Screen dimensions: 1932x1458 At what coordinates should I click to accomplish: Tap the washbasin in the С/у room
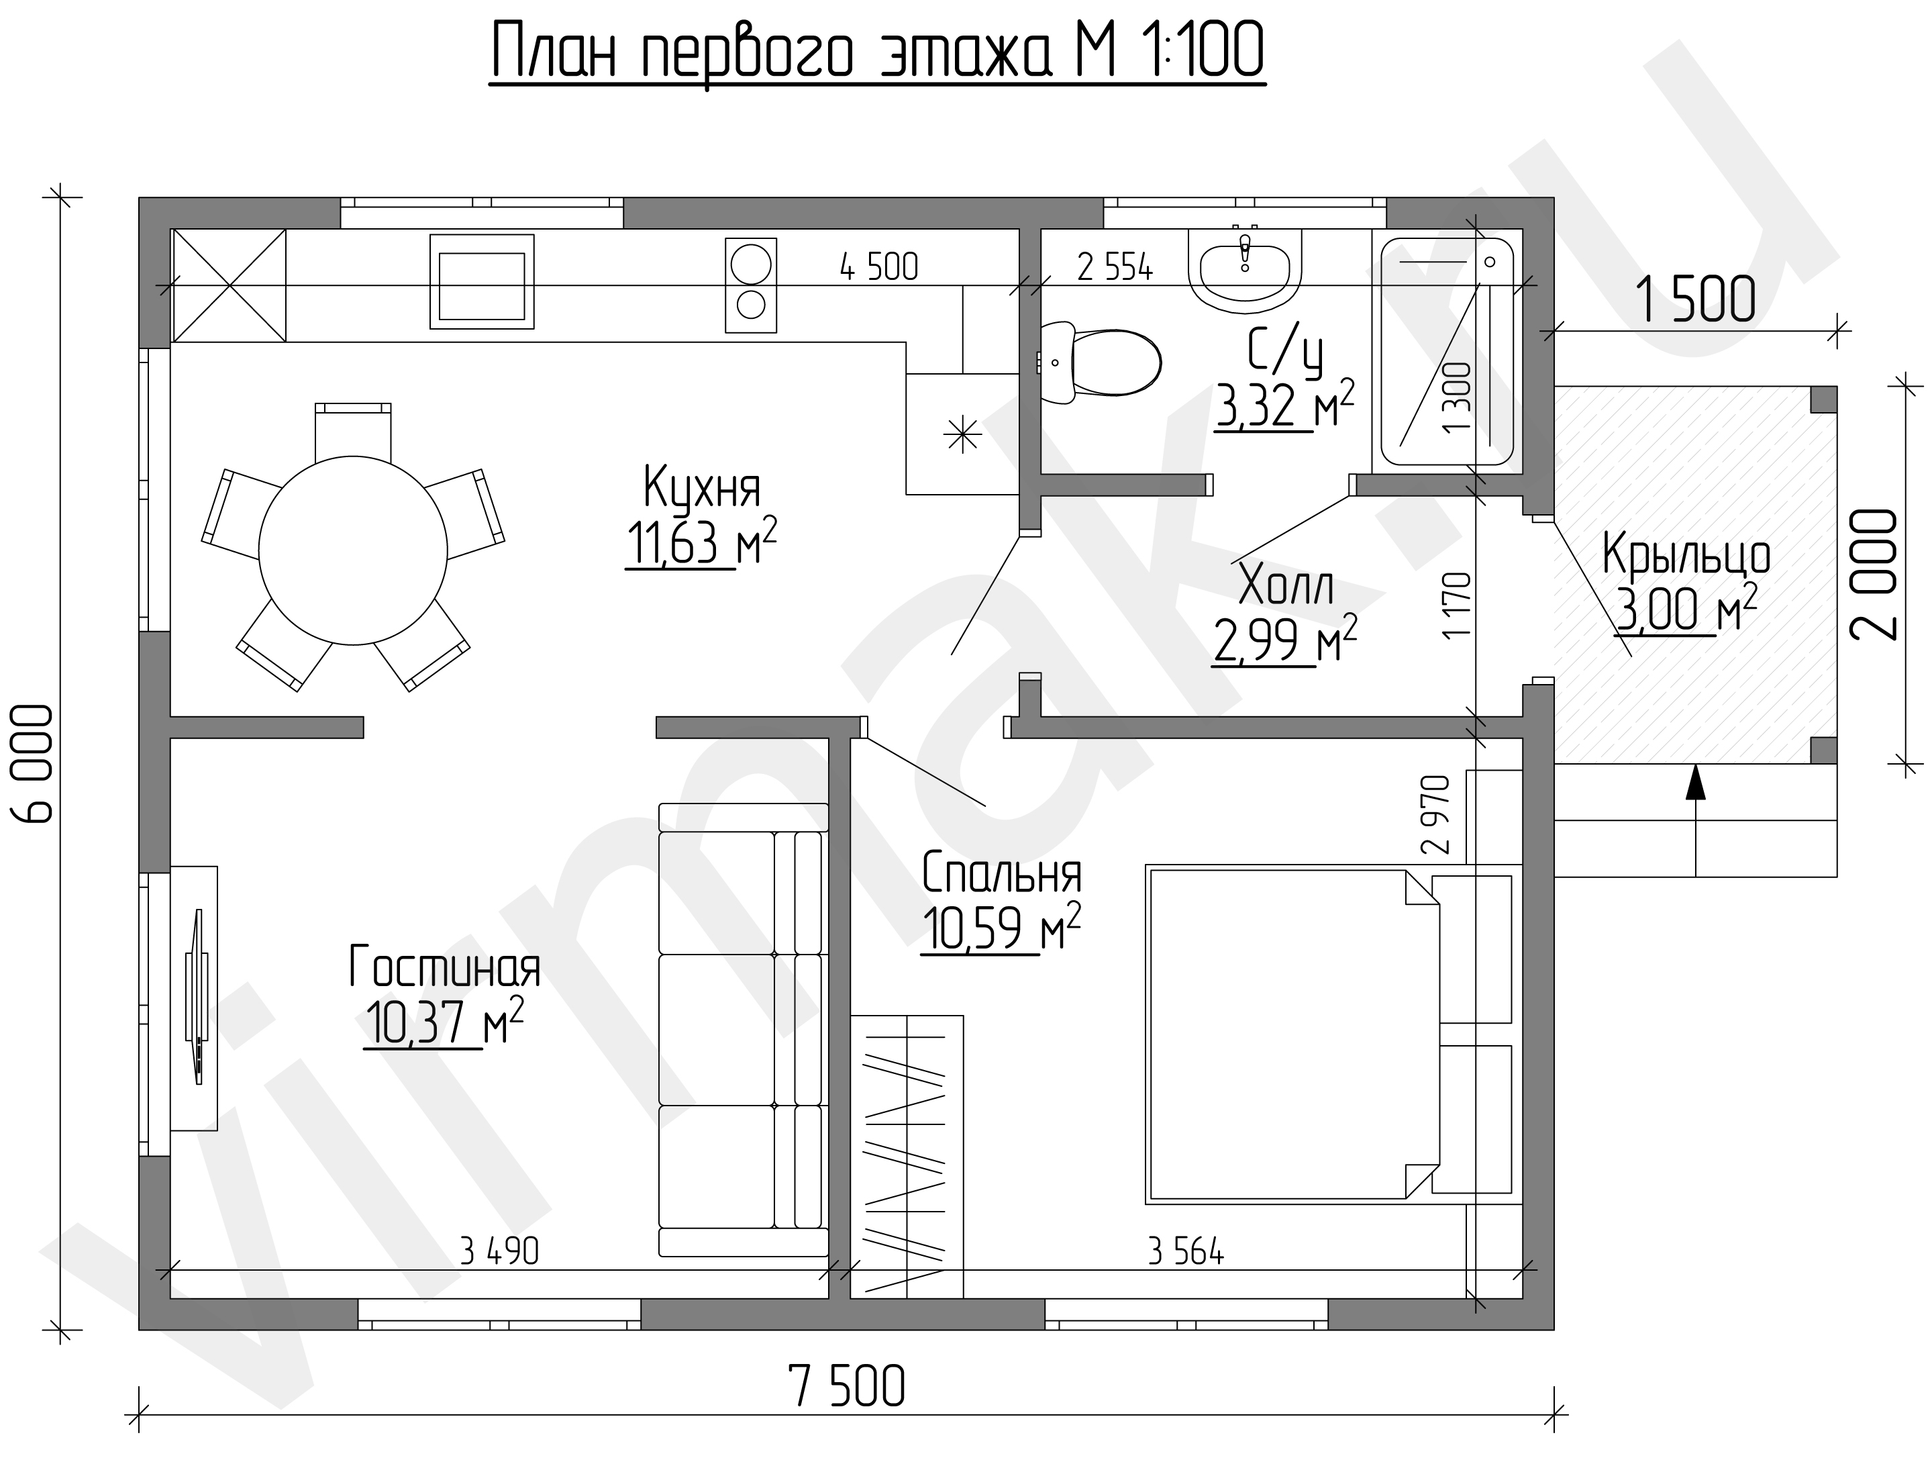tap(1245, 267)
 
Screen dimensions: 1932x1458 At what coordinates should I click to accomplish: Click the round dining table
tap(353, 550)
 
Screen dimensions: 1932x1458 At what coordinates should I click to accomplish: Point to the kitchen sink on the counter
tap(481, 281)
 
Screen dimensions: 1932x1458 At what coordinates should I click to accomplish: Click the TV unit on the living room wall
tap(194, 998)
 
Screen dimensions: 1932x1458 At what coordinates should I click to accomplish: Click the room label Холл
tap(1286, 585)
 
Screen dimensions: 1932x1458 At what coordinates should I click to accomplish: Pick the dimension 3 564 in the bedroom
tap(1185, 1253)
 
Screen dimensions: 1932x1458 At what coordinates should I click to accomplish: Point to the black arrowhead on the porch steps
tap(1695, 782)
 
